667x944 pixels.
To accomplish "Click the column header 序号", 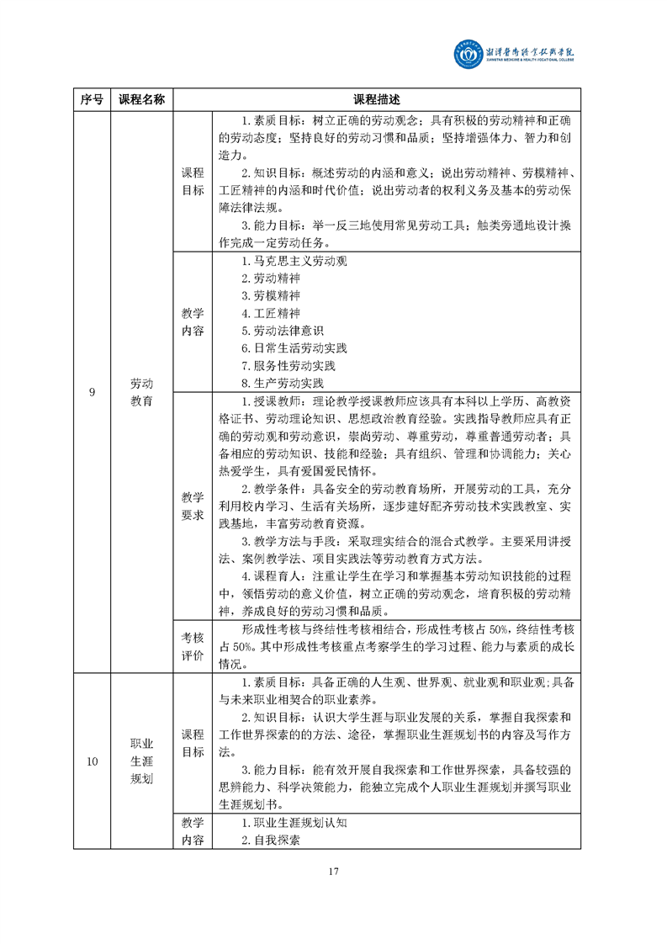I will click(92, 98).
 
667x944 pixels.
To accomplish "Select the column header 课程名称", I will click(141, 98).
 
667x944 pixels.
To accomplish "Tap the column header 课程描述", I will click(377, 98).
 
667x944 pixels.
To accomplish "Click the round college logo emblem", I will click(468, 56).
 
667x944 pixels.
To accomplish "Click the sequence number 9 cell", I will click(92, 392).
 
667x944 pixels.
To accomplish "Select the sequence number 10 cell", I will click(92, 761).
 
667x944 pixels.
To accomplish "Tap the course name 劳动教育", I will click(141, 392).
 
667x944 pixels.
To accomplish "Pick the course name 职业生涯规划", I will click(141, 761).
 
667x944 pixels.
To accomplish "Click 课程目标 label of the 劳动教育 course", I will click(193, 181).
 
